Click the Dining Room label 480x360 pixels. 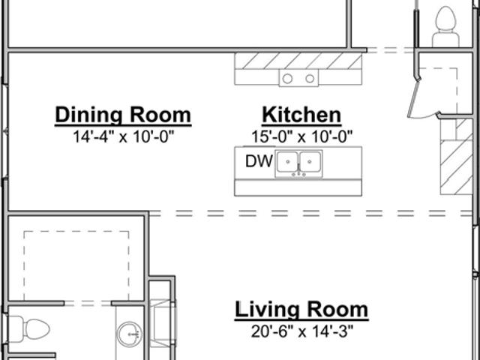[x=123, y=115]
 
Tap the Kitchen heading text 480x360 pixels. [x=301, y=115]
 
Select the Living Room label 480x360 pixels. [x=301, y=310]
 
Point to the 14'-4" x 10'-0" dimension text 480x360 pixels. [x=123, y=136]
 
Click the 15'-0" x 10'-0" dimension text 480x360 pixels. [x=301, y=136]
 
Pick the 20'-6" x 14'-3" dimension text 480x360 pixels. [x=301, y=331]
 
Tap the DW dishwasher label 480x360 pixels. [x=259, y=161]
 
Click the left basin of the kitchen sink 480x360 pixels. [x=287, y=161]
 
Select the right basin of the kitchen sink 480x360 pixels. [x=310, y=161]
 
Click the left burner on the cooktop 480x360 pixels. [x=287, y=79]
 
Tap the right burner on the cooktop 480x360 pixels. [x=310, y=79]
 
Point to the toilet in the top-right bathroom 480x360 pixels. [x=445, y=27]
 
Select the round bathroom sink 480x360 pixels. [x=130, y=334]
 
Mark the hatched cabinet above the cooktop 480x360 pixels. [x=298, y=61]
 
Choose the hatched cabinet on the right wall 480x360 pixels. [x=456, y=157]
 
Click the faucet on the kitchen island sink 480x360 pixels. [x=298, y=174]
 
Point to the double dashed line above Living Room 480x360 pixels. [x=310, y=213]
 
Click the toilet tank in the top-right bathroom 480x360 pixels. [x=445, y=40]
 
